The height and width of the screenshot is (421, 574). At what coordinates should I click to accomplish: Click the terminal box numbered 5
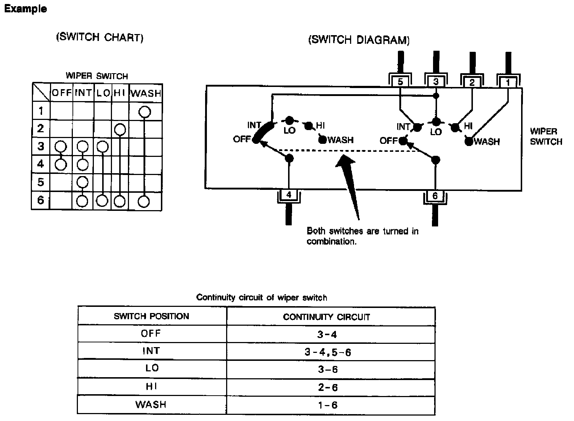pos(400,82)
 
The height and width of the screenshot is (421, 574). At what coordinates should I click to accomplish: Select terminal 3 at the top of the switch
pos(436,82)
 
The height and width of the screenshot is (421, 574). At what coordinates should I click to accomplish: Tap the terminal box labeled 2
pos(471,83)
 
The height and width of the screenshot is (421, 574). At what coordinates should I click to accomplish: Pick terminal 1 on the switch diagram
pos(508,83)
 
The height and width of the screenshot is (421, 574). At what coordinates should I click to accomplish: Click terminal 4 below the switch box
pos(289,195)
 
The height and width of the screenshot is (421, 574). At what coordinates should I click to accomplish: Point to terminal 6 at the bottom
pos(435,196)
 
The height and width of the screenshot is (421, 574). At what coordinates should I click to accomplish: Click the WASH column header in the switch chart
pos(146,93)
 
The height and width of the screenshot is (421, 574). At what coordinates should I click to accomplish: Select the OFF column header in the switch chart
pos(62,93)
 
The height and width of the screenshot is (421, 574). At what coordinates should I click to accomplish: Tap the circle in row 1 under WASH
pos(145,112)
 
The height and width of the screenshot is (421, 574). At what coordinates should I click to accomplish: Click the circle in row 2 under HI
pos(120,129)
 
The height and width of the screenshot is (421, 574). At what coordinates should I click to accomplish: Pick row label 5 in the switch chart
pos(41,182)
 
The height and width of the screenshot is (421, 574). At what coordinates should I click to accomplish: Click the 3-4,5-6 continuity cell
pos(327,351)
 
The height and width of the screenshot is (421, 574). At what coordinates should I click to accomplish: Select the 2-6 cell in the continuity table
pos(327,387)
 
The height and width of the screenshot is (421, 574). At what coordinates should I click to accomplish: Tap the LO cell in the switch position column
pos(152,368)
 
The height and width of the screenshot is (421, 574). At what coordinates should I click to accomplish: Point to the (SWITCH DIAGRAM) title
pos(359,40)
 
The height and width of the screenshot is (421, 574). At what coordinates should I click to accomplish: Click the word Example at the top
pos(25,9)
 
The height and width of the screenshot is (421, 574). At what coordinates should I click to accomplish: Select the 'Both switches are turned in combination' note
pos(362,236)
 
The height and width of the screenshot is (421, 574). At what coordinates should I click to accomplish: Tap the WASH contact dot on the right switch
pos(469,142)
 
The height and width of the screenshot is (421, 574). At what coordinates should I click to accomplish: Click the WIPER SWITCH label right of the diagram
pos(546,136)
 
